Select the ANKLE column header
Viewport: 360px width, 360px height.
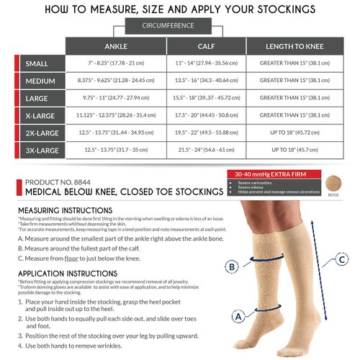click(115, 46)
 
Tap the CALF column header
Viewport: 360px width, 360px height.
click(206, 46)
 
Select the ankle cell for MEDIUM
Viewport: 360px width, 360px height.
click(115, 81)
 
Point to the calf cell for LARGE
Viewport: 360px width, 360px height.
click(206, 98)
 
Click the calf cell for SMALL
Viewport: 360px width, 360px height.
click(206, 63)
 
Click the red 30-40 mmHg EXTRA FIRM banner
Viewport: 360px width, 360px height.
click(266, 174)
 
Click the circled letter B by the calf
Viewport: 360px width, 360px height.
click(231, 267)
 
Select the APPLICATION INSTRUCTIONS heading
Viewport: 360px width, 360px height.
click(68, 274)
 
